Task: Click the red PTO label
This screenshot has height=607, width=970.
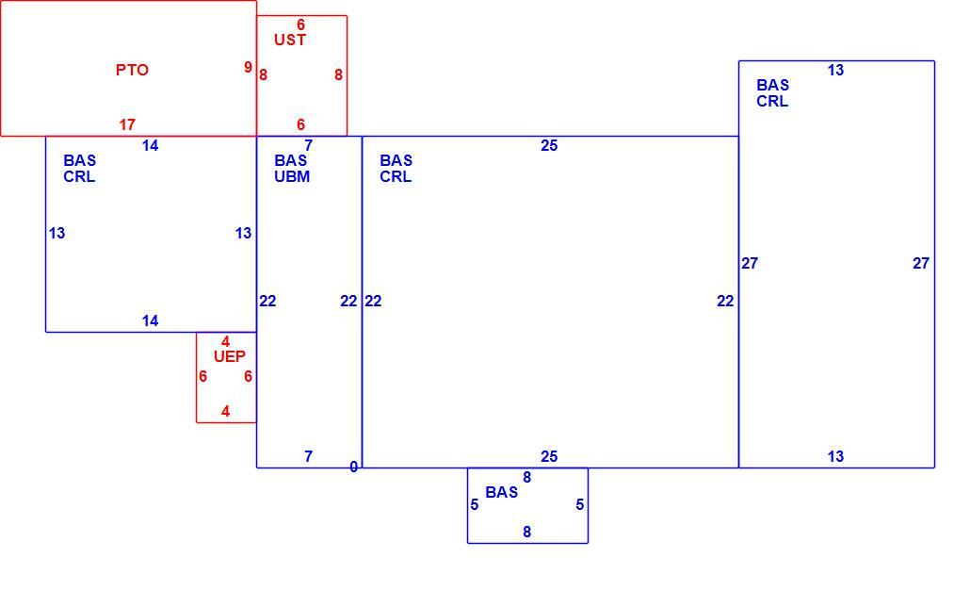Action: (132, 70)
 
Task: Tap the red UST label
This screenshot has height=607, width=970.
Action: (290, 40)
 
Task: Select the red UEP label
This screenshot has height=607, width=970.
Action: (230, 356)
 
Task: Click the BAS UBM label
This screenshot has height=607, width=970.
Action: (292, 169)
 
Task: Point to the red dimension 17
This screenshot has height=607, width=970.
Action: (127, 124)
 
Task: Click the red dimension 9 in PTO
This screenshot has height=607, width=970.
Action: (248, 67)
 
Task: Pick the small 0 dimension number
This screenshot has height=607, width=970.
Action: (353, 467)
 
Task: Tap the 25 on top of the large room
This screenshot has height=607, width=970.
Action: (549, 145)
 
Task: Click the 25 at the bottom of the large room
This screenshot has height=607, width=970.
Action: (549, 456)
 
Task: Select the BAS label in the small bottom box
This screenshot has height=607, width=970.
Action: (502, 492)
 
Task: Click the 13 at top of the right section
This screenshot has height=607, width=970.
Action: (835, 71)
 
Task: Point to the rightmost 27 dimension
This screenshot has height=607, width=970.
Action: (921, 263)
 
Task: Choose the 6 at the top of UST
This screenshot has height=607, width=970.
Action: (300, 25)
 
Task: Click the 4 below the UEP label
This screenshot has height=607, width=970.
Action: (226, 411)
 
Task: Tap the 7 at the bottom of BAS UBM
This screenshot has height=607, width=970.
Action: (309, 456)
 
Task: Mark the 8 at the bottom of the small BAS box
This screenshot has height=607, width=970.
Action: (527, 532)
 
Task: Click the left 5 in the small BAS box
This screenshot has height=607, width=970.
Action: (475, 505)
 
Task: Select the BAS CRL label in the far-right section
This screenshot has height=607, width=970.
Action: (772, 93)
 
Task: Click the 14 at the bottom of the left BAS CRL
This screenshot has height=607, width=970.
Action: (151, 320)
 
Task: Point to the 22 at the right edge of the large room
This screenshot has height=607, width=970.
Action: (726, 301)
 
